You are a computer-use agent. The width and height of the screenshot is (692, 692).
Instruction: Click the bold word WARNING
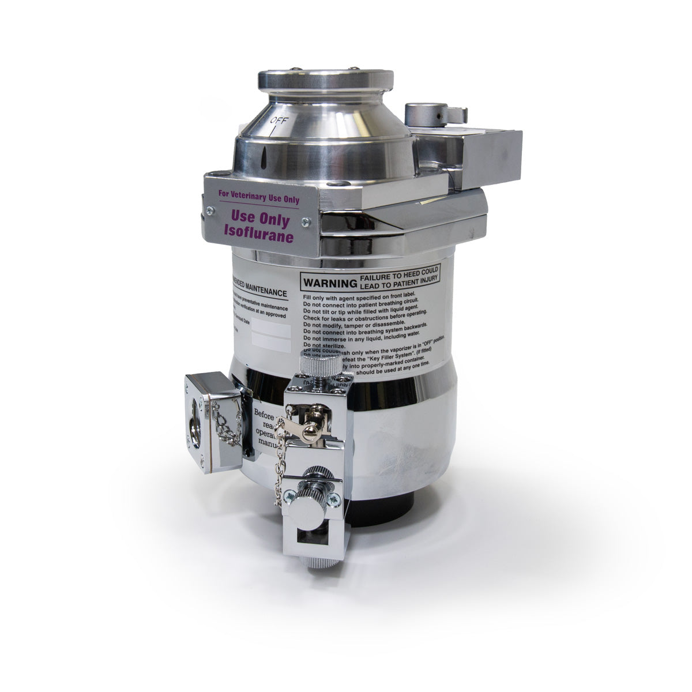[x=327, y=284]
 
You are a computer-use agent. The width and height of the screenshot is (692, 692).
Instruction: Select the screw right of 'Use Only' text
[x=306, y=221]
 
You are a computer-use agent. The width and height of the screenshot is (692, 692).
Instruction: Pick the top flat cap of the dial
[x=325, y=78]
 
